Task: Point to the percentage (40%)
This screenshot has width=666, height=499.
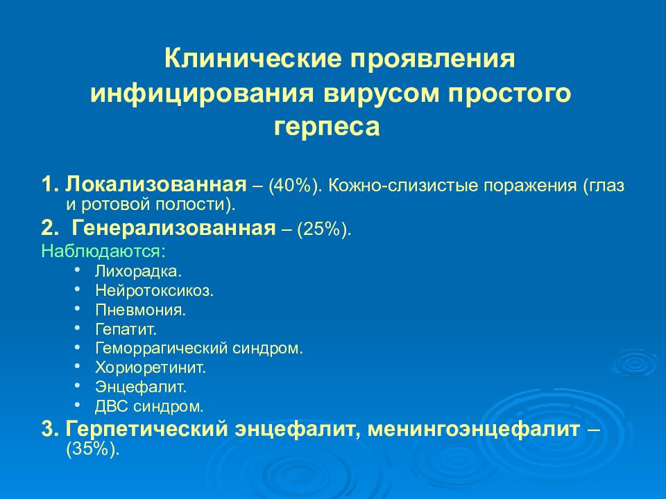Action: pyautogui.click(x=297, y=186)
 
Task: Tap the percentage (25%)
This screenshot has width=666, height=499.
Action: pyautogui.click(x=324, y=229)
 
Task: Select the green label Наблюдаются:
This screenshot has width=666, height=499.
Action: pyautogui.click(x=103, y=250)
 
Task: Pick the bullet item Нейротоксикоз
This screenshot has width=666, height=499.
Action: pyautogui.click(x=155, y=290)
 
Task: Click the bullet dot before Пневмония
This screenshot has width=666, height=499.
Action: pyautogui.click(x=79, y=308)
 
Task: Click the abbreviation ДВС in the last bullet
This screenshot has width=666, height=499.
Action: pyautogui.click(x=110, y=406)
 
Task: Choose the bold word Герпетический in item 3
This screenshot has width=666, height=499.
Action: pyautogui.click(x=146, y=429)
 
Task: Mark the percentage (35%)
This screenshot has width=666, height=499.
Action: pyautogui.click(x=93, y=449)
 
